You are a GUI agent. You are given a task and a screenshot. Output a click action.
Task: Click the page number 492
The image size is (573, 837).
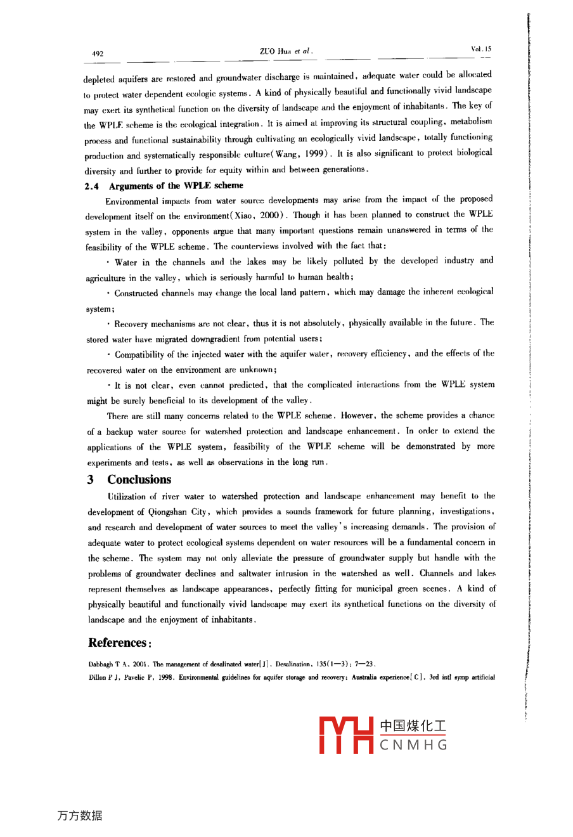(98, 54)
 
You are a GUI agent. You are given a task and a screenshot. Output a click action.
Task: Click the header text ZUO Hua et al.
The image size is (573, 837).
(286, 51)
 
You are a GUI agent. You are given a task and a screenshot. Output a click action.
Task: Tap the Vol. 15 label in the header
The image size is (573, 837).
(481, 49)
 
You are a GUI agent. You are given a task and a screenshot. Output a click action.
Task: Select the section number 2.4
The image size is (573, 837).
(91, 186)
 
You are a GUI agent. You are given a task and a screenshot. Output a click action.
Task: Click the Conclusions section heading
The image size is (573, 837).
(139, 479)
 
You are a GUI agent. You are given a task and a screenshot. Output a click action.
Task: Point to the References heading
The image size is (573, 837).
(119, 643)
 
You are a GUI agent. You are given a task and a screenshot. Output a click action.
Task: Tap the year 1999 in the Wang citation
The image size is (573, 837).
(314, 154)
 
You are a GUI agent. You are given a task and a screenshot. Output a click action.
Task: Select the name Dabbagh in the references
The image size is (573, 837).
(100, 665)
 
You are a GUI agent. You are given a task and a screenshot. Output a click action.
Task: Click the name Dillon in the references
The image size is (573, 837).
(98, 677)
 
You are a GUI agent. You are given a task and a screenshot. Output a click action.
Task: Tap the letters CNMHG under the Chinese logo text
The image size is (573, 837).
(413, 745)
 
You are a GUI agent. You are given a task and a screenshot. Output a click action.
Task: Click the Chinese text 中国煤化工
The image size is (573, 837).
(413, 726)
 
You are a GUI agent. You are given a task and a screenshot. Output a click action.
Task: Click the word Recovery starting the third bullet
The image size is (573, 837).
(132, 324)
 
